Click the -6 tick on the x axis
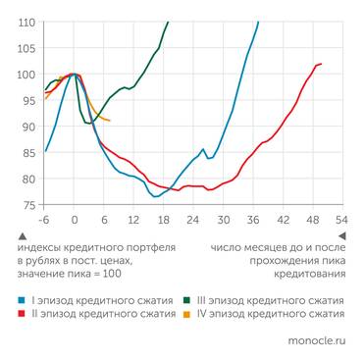point(43,219)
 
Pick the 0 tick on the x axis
point(74,219)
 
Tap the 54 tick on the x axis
point(340,219)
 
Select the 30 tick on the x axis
point(222,219)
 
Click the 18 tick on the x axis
point(163,219)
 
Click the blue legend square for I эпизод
point(22,299)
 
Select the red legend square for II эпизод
point(22,314)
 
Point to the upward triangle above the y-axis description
point(22,236)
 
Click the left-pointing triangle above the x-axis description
point(340,236)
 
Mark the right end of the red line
point(321,64)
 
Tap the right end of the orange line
point(110,121)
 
